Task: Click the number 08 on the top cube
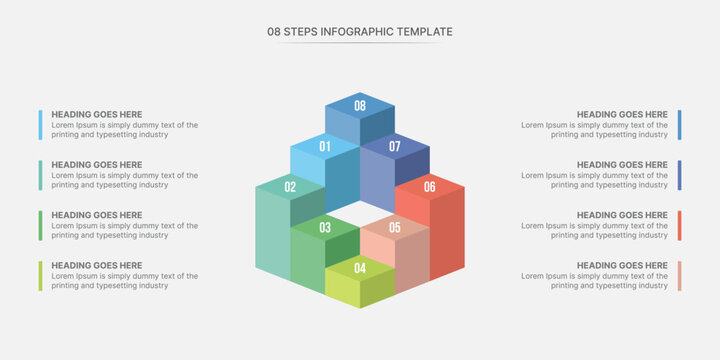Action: (x=360, y=106)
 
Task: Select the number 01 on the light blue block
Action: (x=325, y=147)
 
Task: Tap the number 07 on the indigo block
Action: (x=395, y=147)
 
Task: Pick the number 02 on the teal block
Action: (x=290, y=187)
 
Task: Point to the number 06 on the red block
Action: (x=430, y=187)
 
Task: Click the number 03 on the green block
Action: (x=325, y=228)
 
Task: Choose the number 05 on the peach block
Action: (x=395, y=228)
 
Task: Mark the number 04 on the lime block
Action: (x=360, y=268)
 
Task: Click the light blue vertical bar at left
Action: (x=41, y=125)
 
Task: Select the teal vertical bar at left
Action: (x=41, y=175)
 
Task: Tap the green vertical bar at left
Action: (x=41, y=225)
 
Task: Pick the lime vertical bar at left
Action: (x=41, y=276)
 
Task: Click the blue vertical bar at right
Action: (x=679, y=125)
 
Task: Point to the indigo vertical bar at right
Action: (x=679, y=175)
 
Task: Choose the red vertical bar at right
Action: (x=679, y=225)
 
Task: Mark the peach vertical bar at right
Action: (x=679, y=276)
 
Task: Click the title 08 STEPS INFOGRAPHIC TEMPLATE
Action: (x=360, y=32)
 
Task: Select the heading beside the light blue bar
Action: (x=97, y=115)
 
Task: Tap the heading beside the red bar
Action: (x=622, y=215)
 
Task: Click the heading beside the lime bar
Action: (x=97, y=266)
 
